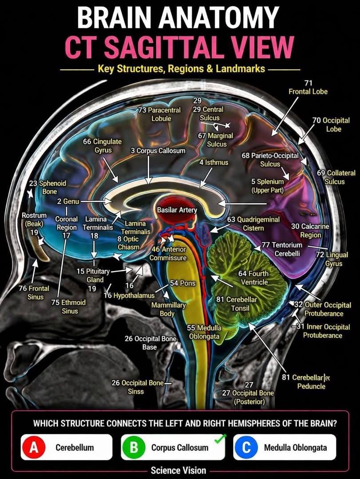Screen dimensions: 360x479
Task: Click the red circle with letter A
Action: pos(34,448)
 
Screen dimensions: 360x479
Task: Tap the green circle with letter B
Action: pos(134,448)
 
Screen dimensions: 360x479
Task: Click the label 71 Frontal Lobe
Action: pos(308,87)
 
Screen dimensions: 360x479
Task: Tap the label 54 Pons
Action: pos(182,283)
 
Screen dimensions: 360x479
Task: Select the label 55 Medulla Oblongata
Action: pos(204,332)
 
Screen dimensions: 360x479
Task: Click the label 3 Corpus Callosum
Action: pos(158,151)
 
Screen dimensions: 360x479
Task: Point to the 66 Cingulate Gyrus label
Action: pos(103,146)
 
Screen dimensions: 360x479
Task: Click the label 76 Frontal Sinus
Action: pos(34,292)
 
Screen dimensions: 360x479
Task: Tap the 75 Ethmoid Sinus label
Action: pos(68,307)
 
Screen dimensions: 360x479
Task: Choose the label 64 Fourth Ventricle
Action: pos(253,278)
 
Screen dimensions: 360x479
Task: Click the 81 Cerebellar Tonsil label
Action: pos(237,304)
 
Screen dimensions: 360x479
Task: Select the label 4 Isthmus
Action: pos(214,162)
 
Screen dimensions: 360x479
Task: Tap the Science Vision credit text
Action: pos(178,470)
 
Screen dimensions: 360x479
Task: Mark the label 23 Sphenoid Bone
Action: pos(47,187)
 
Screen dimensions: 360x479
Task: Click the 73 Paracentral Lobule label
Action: pos(159,114)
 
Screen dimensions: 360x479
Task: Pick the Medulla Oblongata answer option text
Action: pos(296,448)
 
